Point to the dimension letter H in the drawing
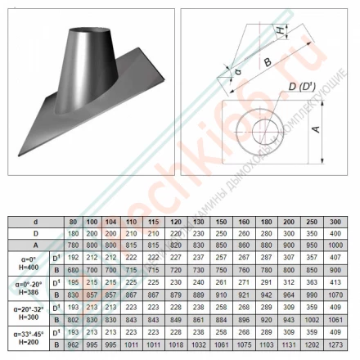(281, 31)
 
